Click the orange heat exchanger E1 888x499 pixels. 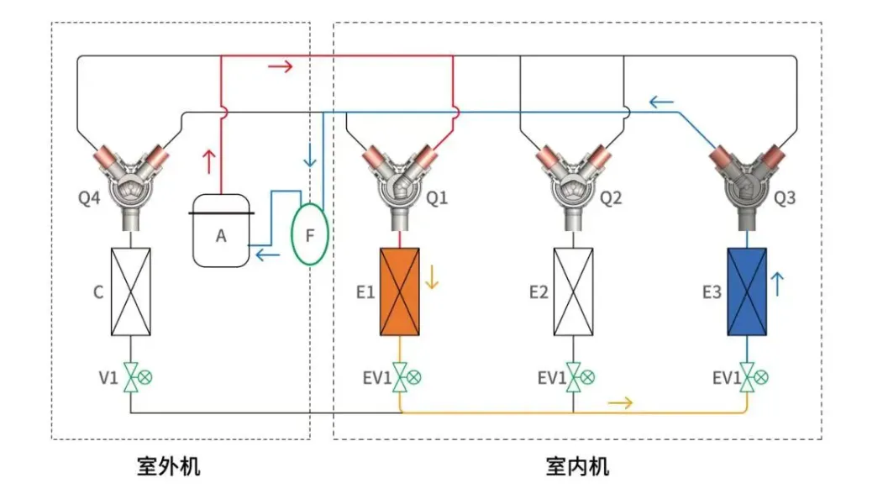(x=400, y=292)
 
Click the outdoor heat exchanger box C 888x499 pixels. (x=131, y=292)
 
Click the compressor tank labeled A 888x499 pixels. (x=221, y=231)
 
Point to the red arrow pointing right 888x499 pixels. (x=281, y=66)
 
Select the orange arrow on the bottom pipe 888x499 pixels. (x=620, y=403)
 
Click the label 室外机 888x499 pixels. (x=169, y=465)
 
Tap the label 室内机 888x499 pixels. (x=577, y=465)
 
